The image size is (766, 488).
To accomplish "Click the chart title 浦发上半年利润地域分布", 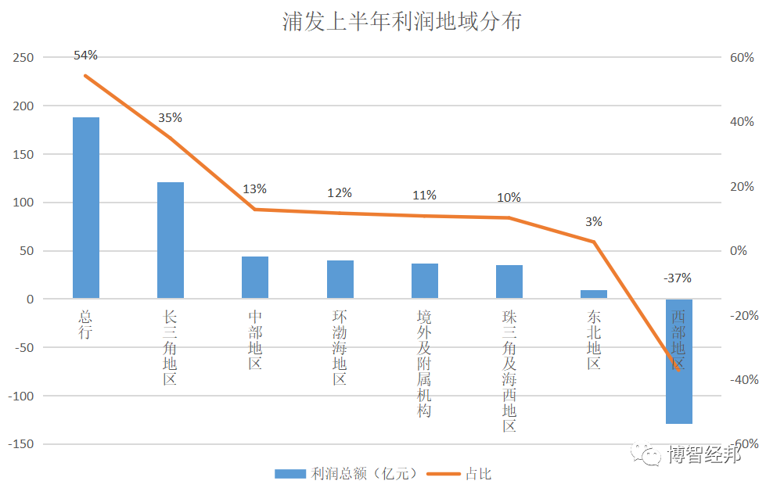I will pos(401,21).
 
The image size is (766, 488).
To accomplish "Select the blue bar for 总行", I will pos(86,207).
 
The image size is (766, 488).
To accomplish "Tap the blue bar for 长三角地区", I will pos(171,240).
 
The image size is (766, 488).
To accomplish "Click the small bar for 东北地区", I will pos(594,294).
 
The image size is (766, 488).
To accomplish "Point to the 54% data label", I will pos(85,56).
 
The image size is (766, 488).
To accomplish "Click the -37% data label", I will pos(677,278).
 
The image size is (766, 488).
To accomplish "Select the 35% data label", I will pos(170,118).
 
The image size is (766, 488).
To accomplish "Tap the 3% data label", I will pos(593,222).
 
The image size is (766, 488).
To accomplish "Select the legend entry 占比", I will pos(478,473).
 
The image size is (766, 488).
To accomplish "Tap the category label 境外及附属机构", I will pos(424,363).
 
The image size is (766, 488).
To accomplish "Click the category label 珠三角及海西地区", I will pos(509,371).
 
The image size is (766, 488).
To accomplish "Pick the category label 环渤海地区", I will pos(340,347).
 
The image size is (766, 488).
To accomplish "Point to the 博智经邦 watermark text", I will pos(703,455).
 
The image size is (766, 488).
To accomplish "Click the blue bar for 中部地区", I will pos(255,278).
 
